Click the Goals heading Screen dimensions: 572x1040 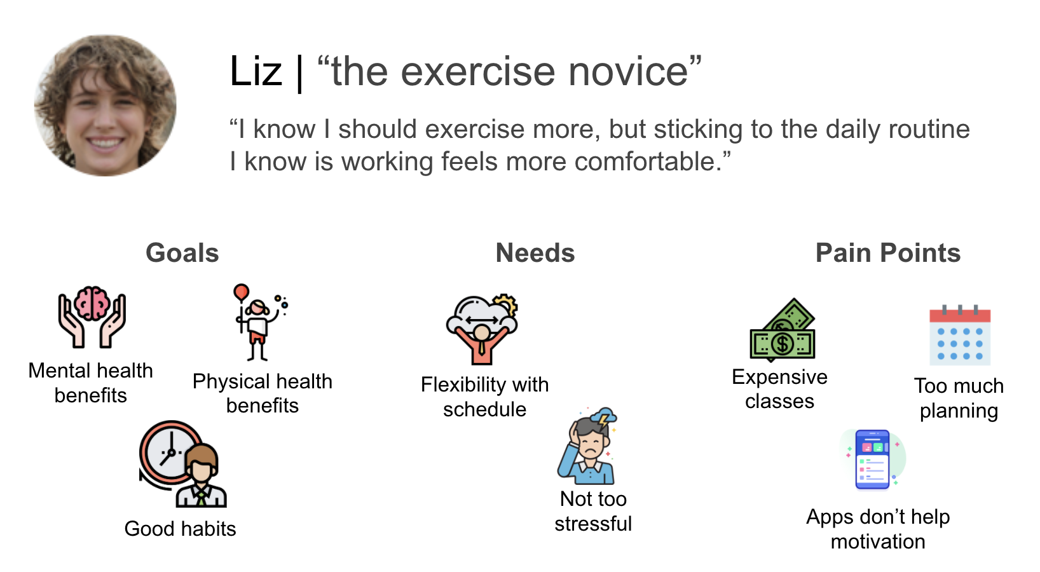point(182,253)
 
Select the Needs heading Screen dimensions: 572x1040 point(535,253)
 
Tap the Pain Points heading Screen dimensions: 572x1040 point(887,253)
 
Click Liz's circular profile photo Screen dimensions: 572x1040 point(105,106)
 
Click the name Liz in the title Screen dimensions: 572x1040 point(256,71)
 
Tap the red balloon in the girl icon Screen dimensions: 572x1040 point(241,292)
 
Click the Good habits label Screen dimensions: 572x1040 point(180,529)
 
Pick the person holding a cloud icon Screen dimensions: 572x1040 point(482,329)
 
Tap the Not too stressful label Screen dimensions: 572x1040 point(593,511)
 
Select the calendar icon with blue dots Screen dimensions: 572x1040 point(959,336)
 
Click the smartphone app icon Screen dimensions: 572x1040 point(872,460)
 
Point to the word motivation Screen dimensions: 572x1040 point(878,541)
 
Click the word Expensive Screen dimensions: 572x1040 point(779,377)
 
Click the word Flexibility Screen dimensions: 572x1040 point(463,385)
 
